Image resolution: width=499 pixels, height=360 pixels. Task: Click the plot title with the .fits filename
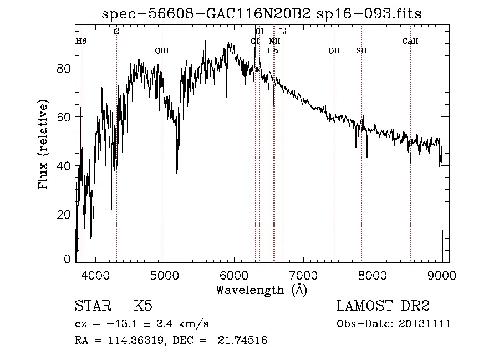tap(262, 14)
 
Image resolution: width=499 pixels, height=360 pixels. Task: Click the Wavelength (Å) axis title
tap(261, 290)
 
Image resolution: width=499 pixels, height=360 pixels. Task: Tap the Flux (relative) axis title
tap(43, 144)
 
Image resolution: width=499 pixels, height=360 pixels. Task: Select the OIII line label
tap(161, 51)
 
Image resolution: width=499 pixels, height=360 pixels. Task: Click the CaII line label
tap(410, 42)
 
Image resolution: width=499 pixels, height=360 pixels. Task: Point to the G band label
tap(116, 32)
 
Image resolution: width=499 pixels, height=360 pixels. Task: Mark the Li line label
tap(283, 32)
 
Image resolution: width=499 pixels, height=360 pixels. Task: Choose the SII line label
tap(361, 51)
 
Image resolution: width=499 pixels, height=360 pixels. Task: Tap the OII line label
tap(334, 51)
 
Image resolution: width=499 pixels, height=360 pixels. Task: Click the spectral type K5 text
tap(143, 306)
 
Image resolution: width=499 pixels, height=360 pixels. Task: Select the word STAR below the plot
tap(92, 306)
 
